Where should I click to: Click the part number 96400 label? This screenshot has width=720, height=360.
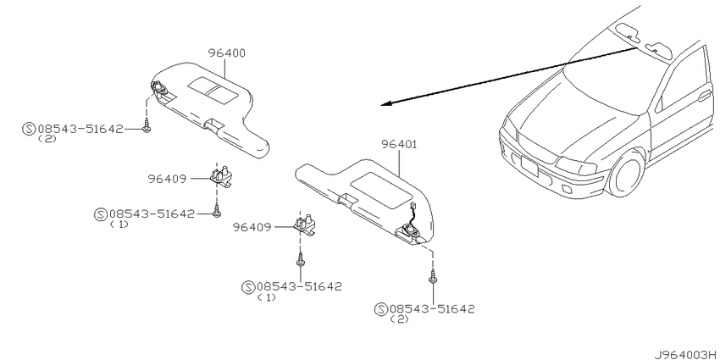point(226,53)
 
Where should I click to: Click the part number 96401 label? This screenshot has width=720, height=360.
point(399,145)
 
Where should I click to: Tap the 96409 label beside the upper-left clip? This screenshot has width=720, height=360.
point(167,179)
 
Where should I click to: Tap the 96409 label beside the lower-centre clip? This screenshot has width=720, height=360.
point(252,227)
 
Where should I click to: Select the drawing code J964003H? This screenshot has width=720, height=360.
point(687,354)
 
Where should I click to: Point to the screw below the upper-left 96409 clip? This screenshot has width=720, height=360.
point(216,211)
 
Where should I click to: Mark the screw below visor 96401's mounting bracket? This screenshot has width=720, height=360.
point(432,277)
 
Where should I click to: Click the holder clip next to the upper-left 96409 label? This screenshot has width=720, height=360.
point(220,176)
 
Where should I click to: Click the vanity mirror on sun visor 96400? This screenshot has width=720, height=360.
point(213,90)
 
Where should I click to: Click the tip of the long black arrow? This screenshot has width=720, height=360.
point(381,105)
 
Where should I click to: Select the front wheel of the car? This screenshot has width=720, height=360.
point(626,173)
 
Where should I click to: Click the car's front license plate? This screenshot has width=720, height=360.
point(529,165)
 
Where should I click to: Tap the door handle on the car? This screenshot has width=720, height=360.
point(703,96)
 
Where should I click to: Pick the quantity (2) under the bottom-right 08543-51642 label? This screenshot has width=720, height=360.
point(399,319)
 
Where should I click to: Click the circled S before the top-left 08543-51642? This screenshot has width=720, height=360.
point(29,129)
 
